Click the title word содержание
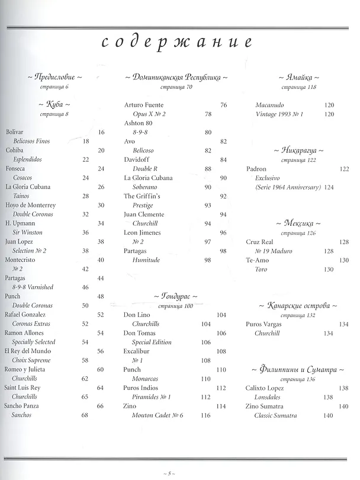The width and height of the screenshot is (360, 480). [x=177, y=42]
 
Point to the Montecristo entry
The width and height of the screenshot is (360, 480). [x=21, y=260]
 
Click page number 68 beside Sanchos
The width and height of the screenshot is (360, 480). [x=84, y=415]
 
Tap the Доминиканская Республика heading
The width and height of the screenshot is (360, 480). [x=176, y=78]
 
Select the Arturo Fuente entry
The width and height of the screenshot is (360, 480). [x=144, y=105]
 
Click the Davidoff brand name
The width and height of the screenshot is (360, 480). [x=136, y=159]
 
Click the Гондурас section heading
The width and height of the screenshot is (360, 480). [x=176, y=296]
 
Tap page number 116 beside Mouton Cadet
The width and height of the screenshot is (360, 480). [x=205, y=415]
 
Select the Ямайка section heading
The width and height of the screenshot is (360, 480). [x=298, y=78]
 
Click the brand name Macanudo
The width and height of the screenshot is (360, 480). [x=269, y=105]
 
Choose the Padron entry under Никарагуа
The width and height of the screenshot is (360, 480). [x=256, y=169]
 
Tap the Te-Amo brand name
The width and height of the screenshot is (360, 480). [x=258, y=260]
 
